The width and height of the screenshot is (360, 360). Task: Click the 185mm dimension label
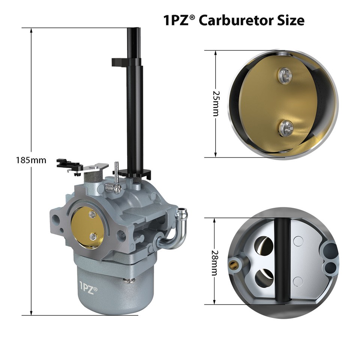point(31,160)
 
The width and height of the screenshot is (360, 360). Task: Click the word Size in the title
point(290,20)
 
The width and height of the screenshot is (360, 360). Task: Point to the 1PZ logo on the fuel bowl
point(88,291)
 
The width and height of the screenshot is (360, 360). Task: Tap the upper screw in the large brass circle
point(285,75)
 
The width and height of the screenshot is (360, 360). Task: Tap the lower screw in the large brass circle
point(285,128)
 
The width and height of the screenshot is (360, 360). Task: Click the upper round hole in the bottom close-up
point(264,246)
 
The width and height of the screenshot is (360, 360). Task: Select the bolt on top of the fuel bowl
point(129,280)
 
